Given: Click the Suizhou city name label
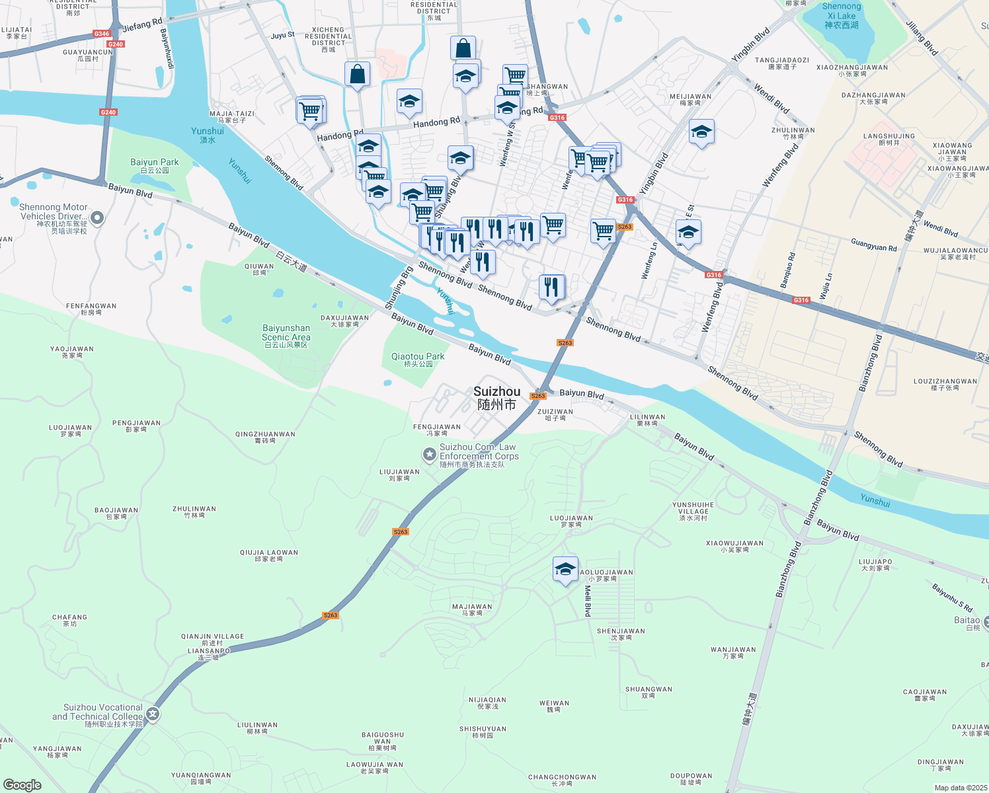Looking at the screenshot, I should (496, 397).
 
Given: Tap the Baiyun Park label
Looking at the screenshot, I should (154, 165).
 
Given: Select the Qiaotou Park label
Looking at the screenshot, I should (418, 359).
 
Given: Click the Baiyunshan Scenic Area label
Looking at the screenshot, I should (286, 336).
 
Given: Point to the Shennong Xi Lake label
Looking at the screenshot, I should (841, 16).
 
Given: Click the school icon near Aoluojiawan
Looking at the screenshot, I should (565, 570).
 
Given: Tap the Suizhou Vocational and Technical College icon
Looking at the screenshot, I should (153, 714).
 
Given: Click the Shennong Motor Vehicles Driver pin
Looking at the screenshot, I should (97, 217).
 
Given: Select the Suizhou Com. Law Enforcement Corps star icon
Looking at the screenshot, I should (430, 454).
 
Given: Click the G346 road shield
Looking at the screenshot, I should (101, 34).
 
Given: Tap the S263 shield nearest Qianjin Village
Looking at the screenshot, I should (331, 615).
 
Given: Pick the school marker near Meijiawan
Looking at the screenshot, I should (701, 132).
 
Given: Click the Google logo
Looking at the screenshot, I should (22, 784).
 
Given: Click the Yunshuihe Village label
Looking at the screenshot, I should (693, 511).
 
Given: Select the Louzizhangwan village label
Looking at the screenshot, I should (945, 384).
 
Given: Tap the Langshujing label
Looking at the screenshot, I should (889, 139).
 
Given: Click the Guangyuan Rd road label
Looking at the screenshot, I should (873, 245).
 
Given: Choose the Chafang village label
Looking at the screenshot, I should (69, 620).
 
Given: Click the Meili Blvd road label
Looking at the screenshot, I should (587, 601).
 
